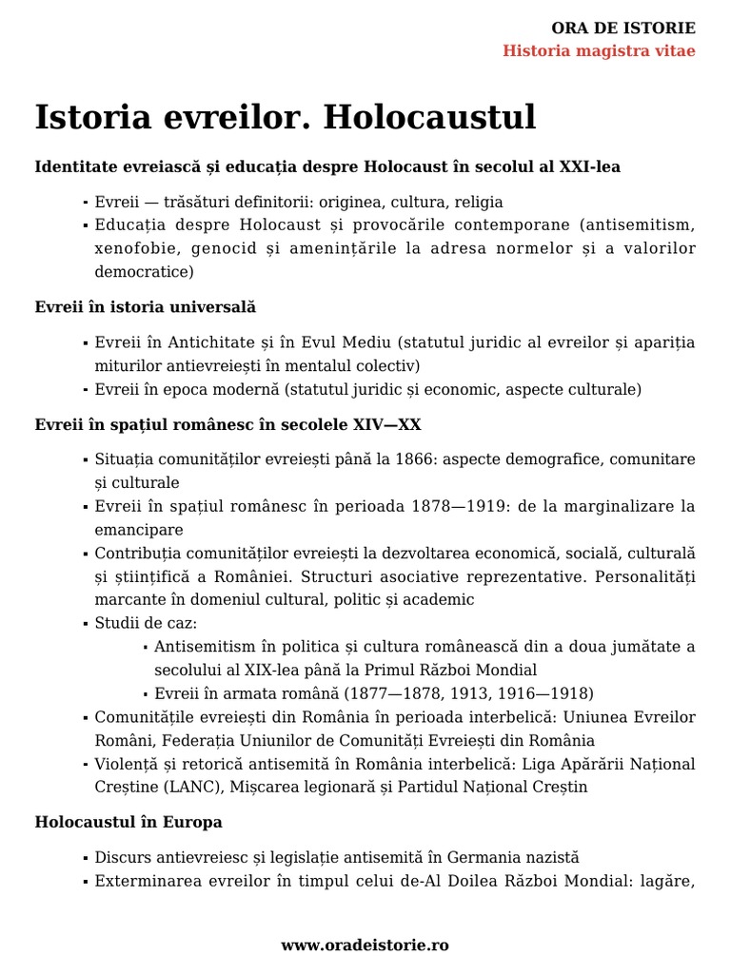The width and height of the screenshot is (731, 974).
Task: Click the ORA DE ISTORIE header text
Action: coord(623,28)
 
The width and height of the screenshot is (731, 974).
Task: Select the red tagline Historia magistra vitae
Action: coord(599,50)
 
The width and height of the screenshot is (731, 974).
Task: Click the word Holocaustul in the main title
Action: coord(429,118)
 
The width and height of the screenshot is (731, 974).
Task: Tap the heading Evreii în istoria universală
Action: coord(145,307)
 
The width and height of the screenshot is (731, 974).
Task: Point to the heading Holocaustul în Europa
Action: coord(128,821)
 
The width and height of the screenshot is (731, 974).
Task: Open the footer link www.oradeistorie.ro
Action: coord(365,945)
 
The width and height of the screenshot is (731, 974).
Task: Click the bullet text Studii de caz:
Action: coord(146,623)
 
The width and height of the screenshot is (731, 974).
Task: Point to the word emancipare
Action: coord(139,530)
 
